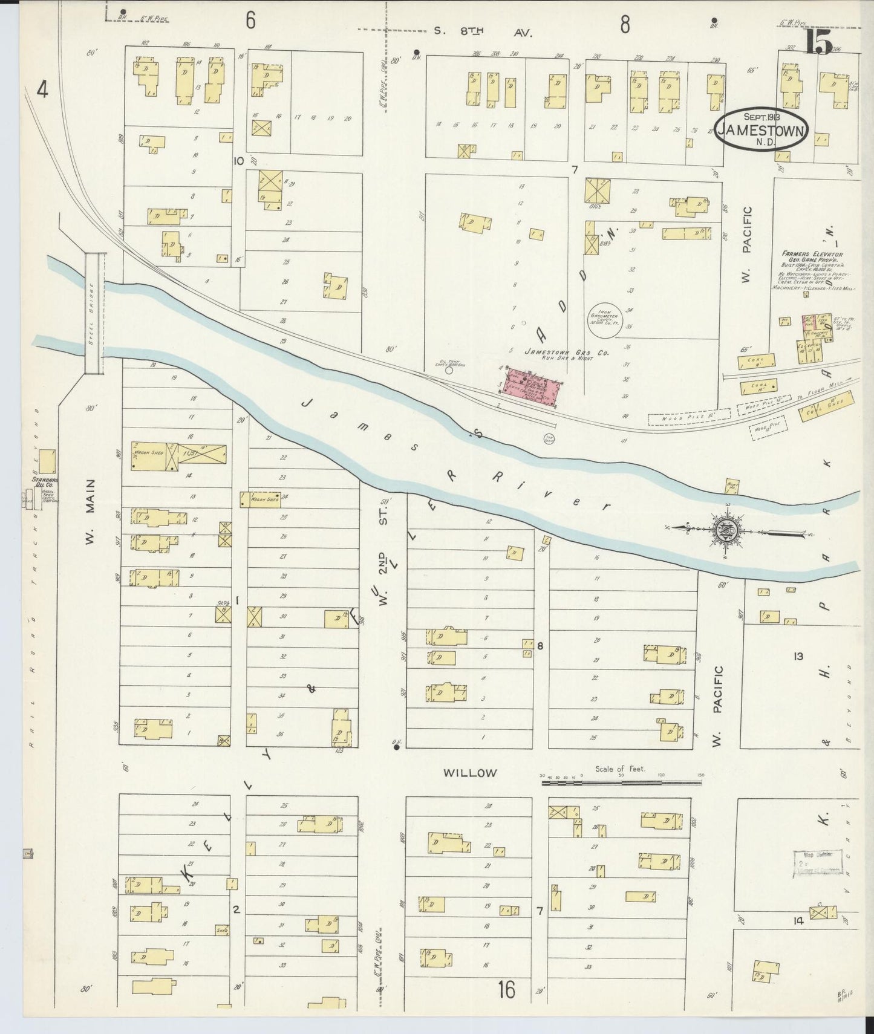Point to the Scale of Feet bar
[622, 782]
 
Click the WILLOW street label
[470, 773]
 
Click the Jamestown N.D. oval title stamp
[762, 130]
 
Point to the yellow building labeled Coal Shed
[829, 407]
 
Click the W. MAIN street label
[91, 511]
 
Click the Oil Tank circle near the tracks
[448, 371]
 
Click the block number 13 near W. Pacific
[798, 656]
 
